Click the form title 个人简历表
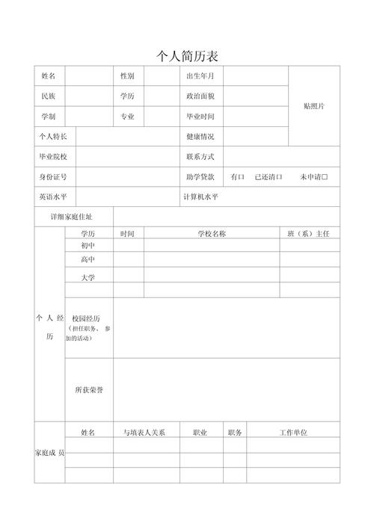pos(187,56)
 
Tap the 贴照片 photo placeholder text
pos(314,106)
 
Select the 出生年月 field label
pos(200,76)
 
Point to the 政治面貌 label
pos(200,96)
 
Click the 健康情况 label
pos(200,137)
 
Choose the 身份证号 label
pos(53,177)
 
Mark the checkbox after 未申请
pos(325,177)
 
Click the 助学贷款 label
pos(200,177)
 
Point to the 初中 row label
pos(88,245)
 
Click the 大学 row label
pos(88,277)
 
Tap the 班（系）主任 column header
pos(309,234)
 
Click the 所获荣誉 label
pos(88,390)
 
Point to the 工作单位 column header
pos(293,433)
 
